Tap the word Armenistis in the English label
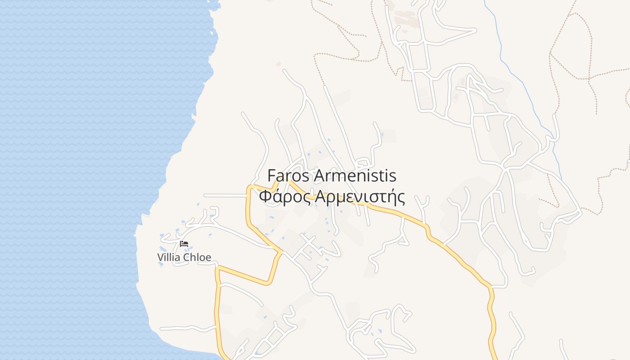click(354, 175)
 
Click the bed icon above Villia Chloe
click(184, 244)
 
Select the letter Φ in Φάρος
click(265, 197)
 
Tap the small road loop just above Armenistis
click(363, 163)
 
